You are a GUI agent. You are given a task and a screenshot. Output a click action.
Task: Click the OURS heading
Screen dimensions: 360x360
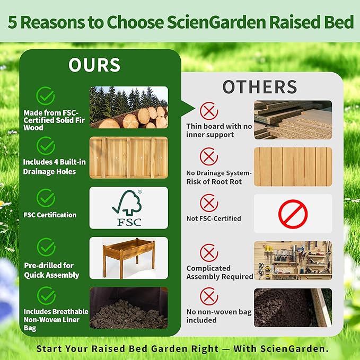pos(94,65)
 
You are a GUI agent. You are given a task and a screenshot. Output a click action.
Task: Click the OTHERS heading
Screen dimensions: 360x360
pos(259,87)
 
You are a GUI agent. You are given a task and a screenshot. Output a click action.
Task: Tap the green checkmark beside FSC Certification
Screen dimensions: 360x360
pos(46,198)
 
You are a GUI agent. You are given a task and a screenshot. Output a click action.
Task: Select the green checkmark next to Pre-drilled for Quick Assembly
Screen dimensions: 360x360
pos(46,247)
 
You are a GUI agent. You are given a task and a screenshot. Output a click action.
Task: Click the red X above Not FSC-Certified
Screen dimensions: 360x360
pos(209,203)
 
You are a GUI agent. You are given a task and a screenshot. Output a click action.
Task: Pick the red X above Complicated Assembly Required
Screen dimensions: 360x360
pos(209,252)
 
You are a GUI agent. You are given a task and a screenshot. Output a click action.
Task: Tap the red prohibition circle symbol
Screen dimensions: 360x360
pos(293,214)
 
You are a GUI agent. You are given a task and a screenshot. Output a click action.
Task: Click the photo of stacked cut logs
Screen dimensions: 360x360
pos(128,108)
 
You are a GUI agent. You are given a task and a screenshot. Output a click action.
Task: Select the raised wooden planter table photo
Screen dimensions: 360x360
pos(128,258)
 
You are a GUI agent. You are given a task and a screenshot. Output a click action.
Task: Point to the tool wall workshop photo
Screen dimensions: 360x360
pos(293,260)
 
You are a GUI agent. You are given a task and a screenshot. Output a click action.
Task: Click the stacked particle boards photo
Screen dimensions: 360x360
pos(293,120)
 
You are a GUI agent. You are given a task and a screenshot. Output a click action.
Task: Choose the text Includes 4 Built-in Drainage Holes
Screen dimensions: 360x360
pos(49,166)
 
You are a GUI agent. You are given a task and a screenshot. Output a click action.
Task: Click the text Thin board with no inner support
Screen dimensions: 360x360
pos(219,130)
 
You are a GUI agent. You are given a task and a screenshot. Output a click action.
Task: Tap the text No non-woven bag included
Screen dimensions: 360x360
pos(219,316)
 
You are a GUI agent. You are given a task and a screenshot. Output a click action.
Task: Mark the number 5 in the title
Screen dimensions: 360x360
pos(11,23)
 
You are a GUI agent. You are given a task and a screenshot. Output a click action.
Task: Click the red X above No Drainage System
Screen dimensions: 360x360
pos(209,156)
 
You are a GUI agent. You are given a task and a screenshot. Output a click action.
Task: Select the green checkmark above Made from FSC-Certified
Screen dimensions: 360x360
pos(46,96)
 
